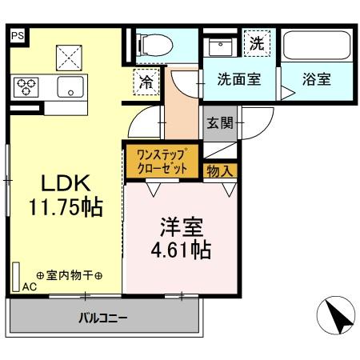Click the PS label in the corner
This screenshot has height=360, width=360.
tap(18, 35)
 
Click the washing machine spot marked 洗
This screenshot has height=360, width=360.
tap(256, 45)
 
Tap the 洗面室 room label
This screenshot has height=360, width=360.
tap(239, 80)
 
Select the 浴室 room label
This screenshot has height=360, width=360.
tap(317, 80)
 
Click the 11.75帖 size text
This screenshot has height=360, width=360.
tap(65, 208)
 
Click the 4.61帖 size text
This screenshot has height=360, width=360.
tap(181, 250)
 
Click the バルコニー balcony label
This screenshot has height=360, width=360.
tap(102, 318)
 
